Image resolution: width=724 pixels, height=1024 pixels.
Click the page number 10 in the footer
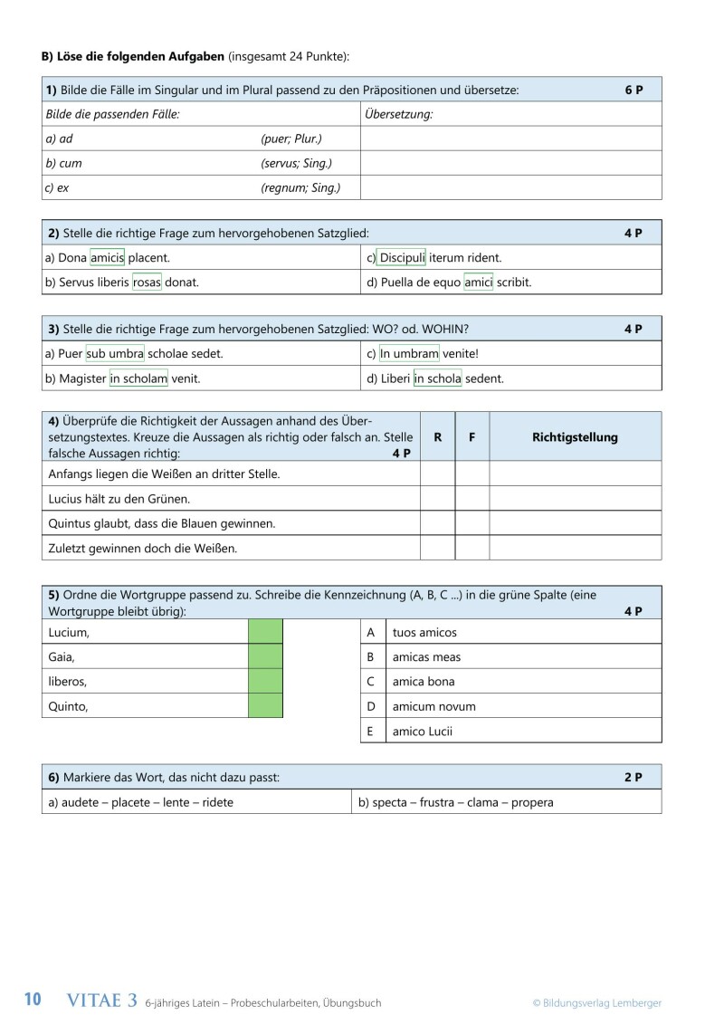point(33,1000)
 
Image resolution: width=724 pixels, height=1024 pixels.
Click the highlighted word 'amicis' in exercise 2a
point(107,257)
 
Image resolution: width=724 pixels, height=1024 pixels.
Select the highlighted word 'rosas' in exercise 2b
point(147,282)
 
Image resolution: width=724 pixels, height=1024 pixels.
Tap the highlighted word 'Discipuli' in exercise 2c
point(402,257)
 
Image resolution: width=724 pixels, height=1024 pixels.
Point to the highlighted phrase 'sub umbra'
point(115,353)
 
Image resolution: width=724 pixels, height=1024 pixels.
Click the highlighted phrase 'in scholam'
point(138,378)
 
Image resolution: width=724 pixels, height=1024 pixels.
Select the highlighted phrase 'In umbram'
point(409,353)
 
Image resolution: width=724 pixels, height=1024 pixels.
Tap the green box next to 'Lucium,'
point(265,632)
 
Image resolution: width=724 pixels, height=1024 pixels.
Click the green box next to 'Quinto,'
point(265,705)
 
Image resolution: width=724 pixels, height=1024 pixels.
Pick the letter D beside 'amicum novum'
point(370,706)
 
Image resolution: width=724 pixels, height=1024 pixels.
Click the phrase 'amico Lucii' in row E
point(422,731)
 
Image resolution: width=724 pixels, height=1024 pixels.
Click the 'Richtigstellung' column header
point(575,437)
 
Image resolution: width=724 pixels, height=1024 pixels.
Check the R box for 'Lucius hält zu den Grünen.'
point(437,499)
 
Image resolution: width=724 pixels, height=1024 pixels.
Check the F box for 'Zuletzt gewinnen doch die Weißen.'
point(472,548)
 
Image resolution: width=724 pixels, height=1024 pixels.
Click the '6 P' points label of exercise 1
point(633,91)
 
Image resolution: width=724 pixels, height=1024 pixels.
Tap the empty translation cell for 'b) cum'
point(510,164)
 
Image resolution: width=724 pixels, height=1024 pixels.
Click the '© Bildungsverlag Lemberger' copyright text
point(596,1002)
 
